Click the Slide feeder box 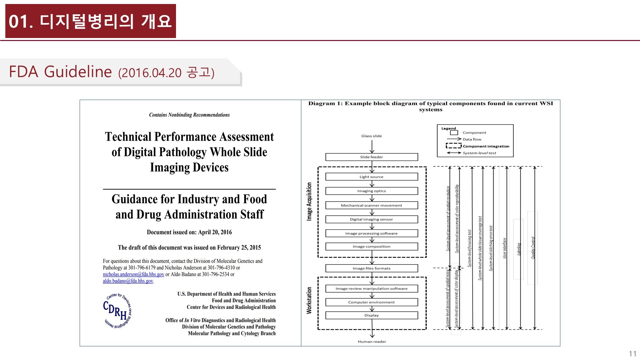click(371, 157)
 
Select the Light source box click(371, 177)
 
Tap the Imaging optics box click(371, 191)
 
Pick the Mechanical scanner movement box click(371, 205)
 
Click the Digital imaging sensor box click(371, 219)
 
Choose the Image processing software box click(371, 233)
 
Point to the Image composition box click(371, 247)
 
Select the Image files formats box click(371, 268)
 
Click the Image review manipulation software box click(371, 289)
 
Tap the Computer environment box click(371, 302)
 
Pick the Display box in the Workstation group click(371, 315)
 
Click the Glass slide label click(371, 136)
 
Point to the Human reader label click(372, 342)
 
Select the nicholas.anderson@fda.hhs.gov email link click(133, 274)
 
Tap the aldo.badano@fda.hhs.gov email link click(128, 281)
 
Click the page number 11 click(632, 354)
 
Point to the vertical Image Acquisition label click(309, 201)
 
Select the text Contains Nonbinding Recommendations click(189, 115)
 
